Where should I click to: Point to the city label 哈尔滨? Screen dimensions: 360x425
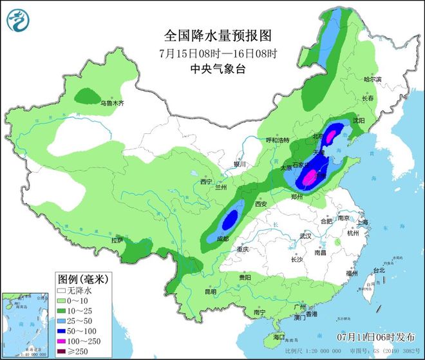(x=372, y=79)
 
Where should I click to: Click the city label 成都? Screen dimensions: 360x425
(x=222, y=238)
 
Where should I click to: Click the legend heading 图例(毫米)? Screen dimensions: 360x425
(x=82, y=279)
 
